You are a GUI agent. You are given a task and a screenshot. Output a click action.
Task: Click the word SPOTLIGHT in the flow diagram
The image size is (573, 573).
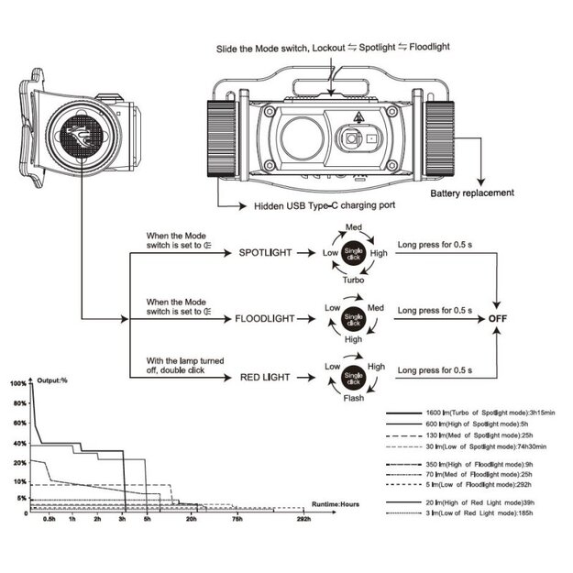pos(266,252)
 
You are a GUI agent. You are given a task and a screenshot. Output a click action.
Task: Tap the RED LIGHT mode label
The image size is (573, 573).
pos(264,376)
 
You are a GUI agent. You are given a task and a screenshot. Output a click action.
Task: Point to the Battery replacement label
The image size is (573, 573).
pos(472,193)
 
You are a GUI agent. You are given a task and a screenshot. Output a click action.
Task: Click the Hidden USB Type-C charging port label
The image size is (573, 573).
pos(325,205)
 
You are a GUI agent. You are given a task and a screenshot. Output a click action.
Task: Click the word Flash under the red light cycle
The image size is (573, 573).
pos(353,398)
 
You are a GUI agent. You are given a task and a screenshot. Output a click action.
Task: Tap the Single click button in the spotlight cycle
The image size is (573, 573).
pos(353,253)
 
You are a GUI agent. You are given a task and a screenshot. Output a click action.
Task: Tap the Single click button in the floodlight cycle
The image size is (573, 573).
pos(353,318)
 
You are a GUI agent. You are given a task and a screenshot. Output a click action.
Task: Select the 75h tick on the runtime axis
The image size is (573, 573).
pos(237,520)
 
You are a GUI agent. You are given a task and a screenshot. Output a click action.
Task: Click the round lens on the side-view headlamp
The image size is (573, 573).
pos(80,137)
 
